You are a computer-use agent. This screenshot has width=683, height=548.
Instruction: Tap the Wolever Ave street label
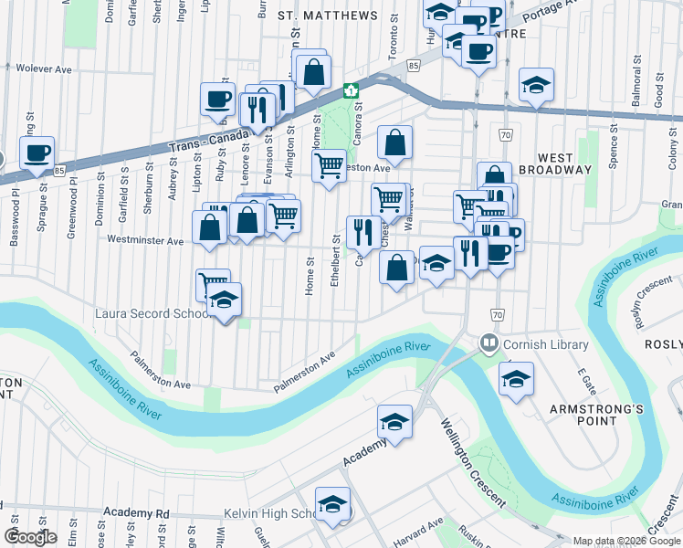43,68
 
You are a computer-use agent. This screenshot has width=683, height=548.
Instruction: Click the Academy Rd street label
137,513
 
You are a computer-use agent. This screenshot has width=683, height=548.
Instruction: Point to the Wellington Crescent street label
473,463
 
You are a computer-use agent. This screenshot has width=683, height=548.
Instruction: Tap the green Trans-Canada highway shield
350,91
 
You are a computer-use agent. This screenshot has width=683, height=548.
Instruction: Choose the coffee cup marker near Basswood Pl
37,153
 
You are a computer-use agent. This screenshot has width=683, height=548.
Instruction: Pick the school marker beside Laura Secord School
224,300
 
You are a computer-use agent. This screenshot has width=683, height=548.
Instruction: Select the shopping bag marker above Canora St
394,142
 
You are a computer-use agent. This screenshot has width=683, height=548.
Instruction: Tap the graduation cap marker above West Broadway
536,85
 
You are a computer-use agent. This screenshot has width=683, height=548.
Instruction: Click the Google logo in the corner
30,537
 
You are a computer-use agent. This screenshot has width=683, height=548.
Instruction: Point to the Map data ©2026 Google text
626,541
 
